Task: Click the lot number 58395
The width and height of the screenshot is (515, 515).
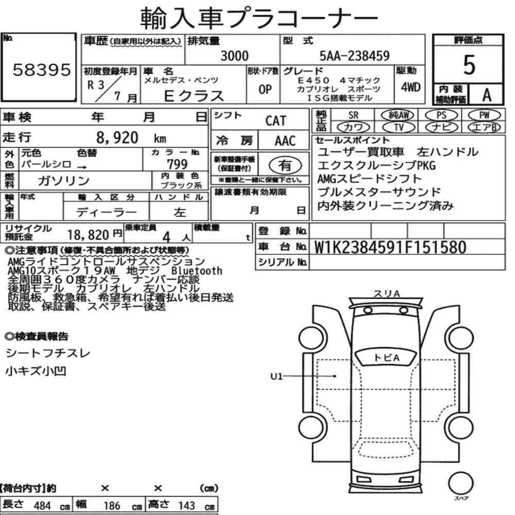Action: point(42,70)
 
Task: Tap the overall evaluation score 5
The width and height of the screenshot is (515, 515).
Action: point(469,65)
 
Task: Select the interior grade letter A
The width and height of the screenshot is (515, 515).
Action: point(487,95)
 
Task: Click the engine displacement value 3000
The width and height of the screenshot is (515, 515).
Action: point(234,56)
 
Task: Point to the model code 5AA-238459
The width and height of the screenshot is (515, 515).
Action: point(354,56)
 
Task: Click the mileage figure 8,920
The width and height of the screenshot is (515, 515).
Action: point(117,138)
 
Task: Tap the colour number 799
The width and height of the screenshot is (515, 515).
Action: point(177,164)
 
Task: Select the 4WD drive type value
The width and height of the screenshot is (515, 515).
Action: point(410,88)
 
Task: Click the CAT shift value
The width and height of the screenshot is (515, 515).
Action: point(276,121)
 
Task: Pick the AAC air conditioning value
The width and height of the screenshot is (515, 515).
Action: point(285,141)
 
